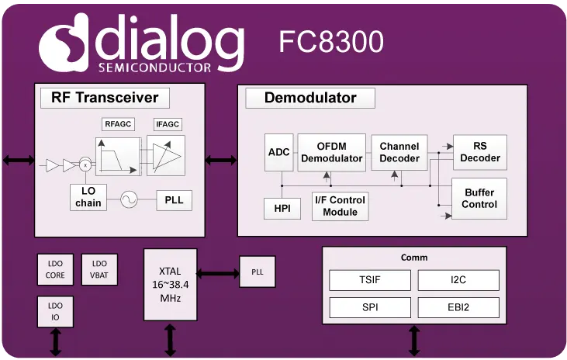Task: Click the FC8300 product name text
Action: (x=331, y=43)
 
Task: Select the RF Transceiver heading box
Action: (x=105, y=98)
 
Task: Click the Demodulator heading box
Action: (x=310, y=98)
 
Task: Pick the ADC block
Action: (x=278, y=152)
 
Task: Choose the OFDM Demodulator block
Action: (x=332, y=152)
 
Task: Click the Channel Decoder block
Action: (x=399, y=152)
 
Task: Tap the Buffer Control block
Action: (x=479, y=199)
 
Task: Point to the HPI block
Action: (x=282, y=208)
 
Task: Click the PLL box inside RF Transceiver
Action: (x=174, y=200)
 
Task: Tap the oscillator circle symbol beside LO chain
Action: (x=128, y=200)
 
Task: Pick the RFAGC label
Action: (x=118, y=124)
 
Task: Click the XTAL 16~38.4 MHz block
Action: (x=171, y=284)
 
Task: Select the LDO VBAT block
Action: (x=99, y=269)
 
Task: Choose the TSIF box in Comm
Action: (x=369, y=280)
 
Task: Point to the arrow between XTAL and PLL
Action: (x=218, y=273)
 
